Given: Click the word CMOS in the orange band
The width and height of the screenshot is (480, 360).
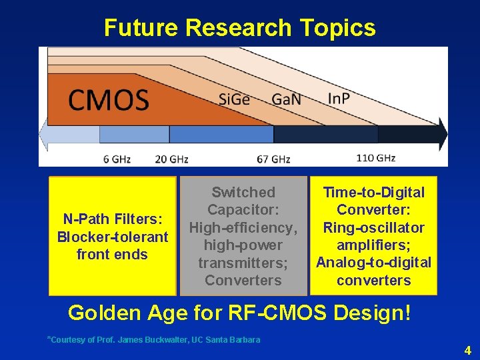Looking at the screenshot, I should point(108,100).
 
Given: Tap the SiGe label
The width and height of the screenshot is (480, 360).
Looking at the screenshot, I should point(234,99).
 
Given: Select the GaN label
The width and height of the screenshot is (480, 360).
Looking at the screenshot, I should point(286,99).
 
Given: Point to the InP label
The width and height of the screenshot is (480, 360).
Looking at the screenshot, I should point(339,99).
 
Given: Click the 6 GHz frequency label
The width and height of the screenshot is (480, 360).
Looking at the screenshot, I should point(117,159).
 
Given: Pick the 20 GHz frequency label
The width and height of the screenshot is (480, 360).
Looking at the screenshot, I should point(171,159).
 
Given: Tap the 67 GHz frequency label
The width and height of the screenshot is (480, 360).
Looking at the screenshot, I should point(273,159).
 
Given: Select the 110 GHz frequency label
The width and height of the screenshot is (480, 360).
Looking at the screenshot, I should point(376,158).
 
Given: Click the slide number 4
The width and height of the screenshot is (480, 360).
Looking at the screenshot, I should point(467,350).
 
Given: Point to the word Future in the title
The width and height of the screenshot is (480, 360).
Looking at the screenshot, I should point(141,28).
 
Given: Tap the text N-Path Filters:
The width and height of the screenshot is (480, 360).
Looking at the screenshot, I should point(112,219).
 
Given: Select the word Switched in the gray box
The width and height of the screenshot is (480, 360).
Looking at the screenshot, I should point(243,193).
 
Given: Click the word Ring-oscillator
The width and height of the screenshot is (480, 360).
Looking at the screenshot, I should point(373,227).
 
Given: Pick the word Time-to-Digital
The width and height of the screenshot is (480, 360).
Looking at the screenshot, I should point(373,193).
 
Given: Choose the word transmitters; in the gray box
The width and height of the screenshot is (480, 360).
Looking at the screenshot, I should point(243,263).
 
